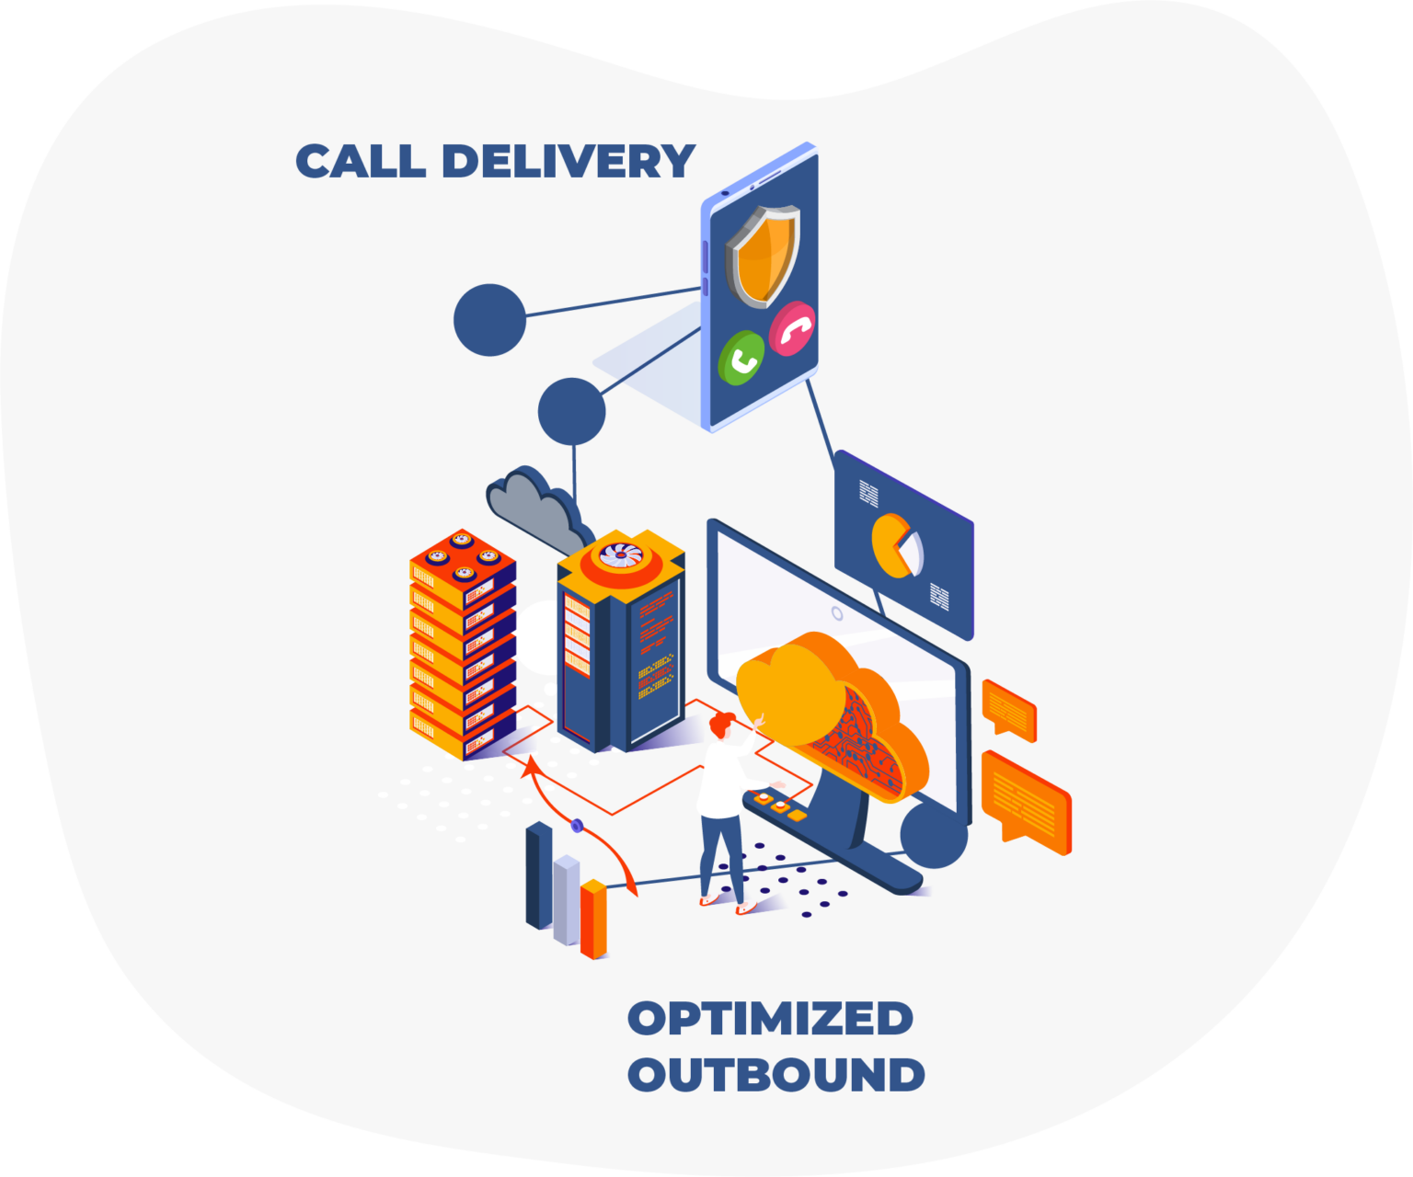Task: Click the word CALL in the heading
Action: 361,162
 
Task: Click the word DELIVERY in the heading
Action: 568,162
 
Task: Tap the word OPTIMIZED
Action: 770,1019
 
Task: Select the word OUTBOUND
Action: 775,1075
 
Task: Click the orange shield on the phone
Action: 763,255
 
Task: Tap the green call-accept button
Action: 741,359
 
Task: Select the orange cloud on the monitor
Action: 828,708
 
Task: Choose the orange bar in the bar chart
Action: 594,919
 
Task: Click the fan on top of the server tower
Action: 621,554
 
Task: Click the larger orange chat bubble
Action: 1025,800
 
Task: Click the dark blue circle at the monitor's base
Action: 933,834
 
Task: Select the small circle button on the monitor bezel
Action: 837,612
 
